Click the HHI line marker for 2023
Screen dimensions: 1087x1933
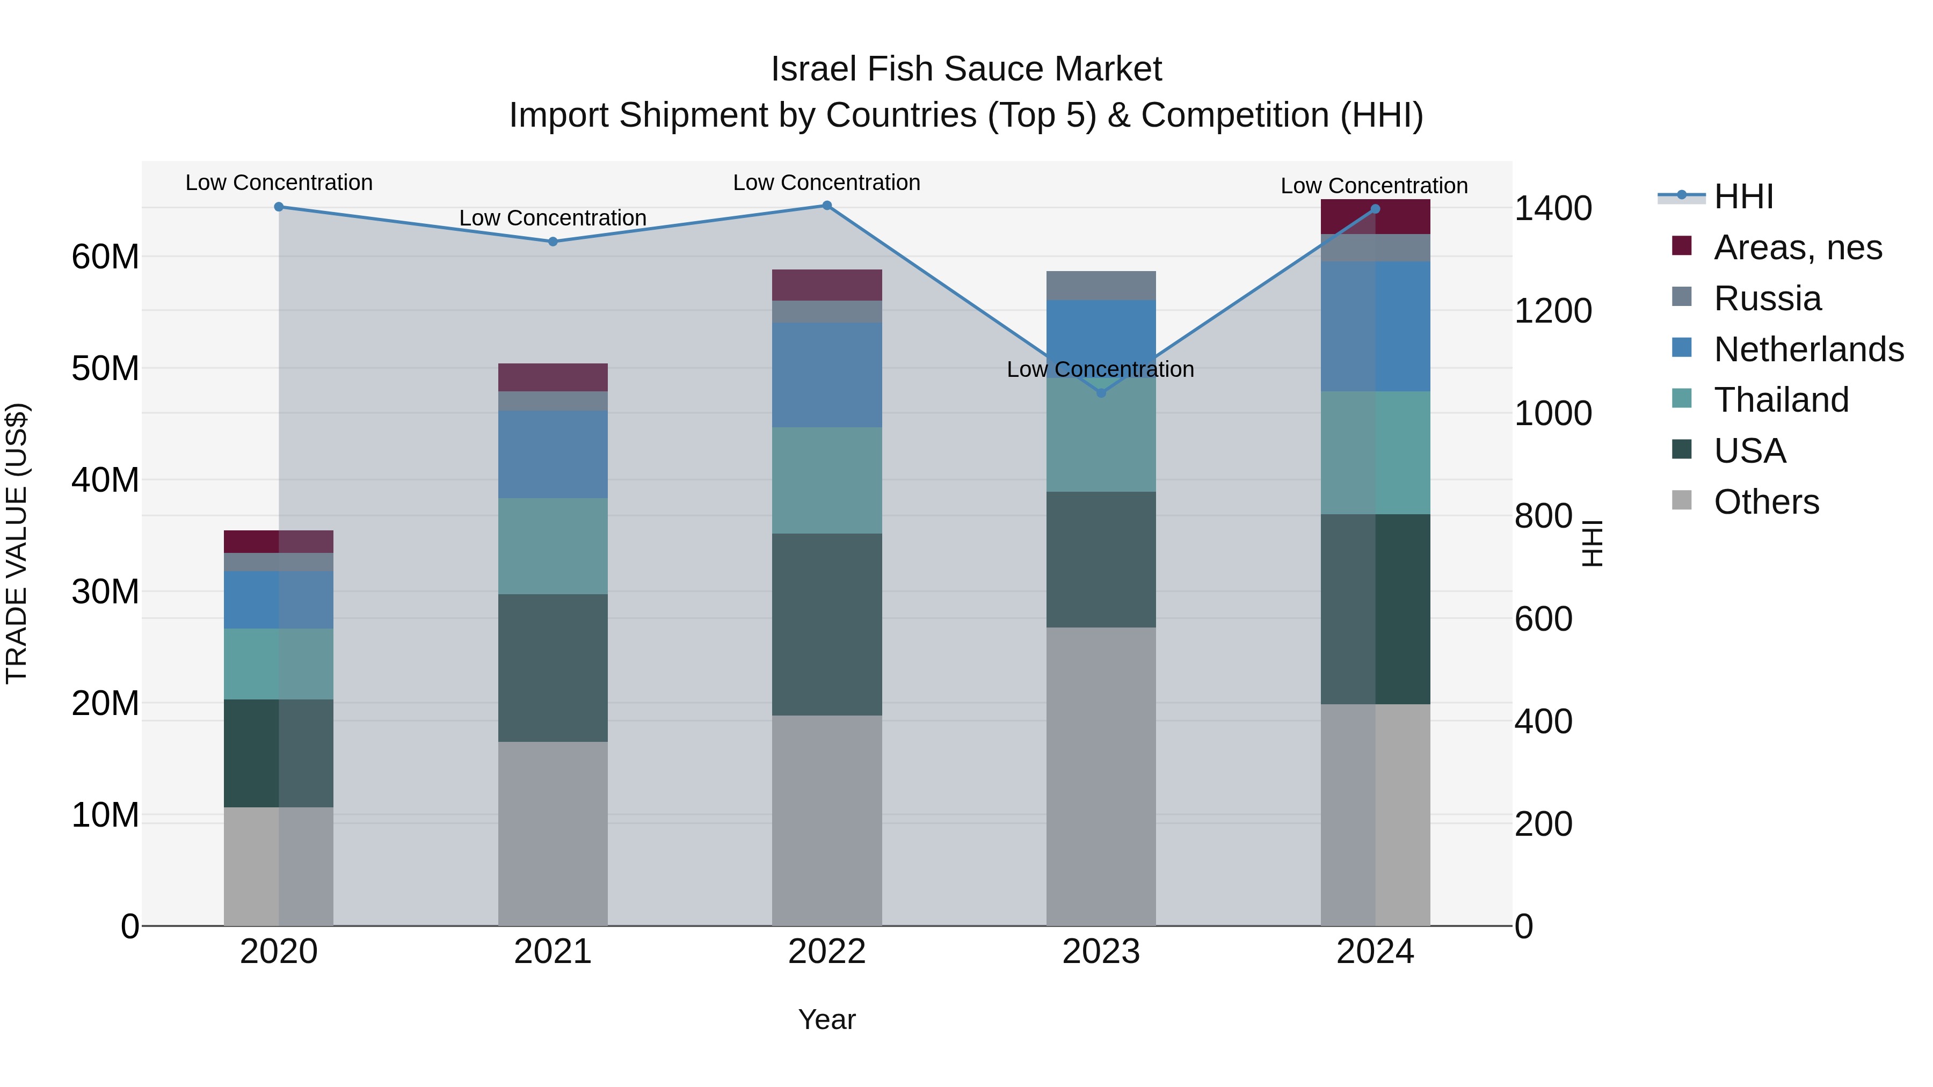click(1101, 393)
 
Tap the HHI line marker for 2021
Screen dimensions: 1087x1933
click(553, 242)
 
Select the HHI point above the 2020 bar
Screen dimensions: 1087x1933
click(278, 206)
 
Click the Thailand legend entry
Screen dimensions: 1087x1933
click(1781, 400)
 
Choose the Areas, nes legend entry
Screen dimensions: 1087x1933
click(1797, 247)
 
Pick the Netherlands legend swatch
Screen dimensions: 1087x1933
click(1682, 348)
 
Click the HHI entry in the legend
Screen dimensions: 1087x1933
click(1742, 196)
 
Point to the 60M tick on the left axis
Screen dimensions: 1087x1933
click(105, 257)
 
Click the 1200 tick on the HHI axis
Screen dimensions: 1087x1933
click(1552, 311)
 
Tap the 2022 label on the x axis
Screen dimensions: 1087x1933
click(827, 952)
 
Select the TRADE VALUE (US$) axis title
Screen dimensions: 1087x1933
click(17, 543)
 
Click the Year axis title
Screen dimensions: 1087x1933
click(827, 1019)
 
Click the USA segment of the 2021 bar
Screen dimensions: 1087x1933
click(553, 668)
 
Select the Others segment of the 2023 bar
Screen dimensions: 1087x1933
click(1101, 776)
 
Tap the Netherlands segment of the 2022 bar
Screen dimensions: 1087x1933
click(827, 375)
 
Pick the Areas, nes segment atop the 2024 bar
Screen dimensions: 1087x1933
click(1375, 217)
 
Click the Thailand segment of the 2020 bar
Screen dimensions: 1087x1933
click(278, 664)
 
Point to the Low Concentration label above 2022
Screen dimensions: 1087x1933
click(826, 183)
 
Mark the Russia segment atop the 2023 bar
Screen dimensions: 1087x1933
click(1101, 286)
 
